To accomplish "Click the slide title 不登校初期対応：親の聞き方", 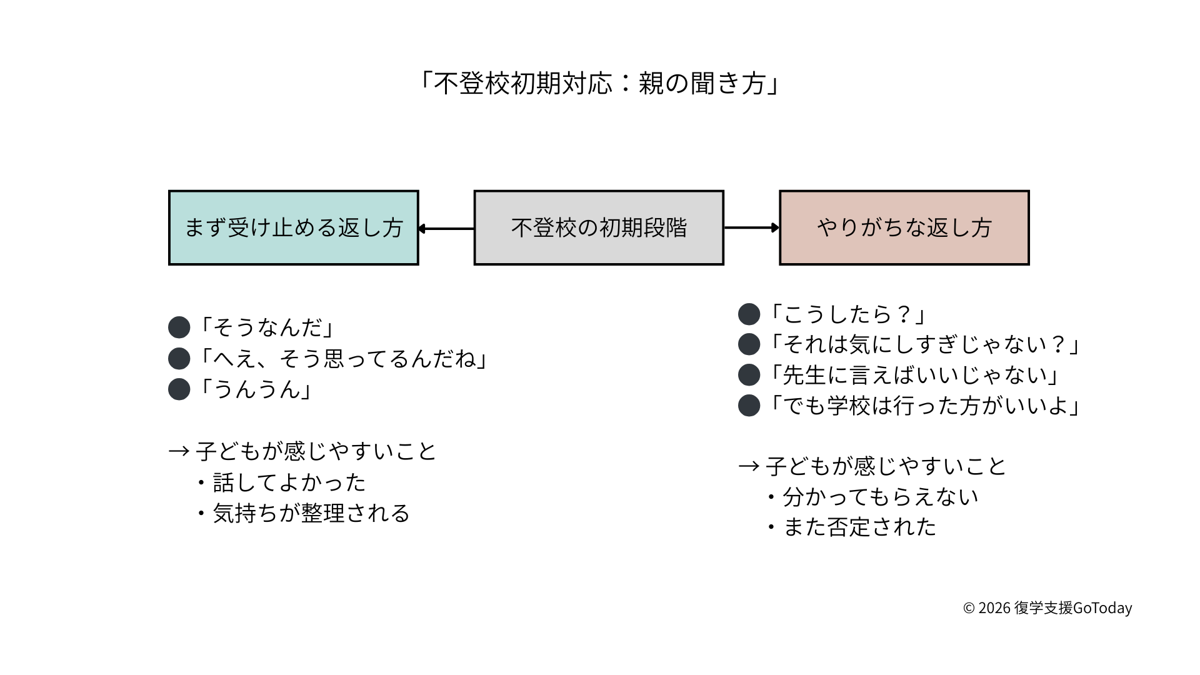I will click(599, 83).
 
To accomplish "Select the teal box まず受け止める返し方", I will click(293, 227).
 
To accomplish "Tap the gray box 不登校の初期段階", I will click(599, 227).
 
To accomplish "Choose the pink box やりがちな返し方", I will click(904, 227).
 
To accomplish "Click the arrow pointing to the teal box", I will click(446, 229).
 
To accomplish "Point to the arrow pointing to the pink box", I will click(751, 227).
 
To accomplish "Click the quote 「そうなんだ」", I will click(266, 327).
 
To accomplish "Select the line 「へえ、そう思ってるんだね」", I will click(342, 359).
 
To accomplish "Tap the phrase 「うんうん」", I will click(255, 389).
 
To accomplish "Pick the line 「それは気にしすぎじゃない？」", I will click(924, 344).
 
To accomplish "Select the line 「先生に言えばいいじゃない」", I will click(914, 375).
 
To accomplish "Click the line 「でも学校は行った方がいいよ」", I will click(924, 406).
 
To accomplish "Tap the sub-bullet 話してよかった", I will click(289, 482).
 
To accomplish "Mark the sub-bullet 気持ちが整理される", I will click(311, 513).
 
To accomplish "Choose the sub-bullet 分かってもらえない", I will click(880, 497).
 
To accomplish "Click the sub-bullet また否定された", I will click(859, 527).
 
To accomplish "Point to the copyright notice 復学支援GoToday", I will click(1047, 607).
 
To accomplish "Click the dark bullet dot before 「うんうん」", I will click(179, 389).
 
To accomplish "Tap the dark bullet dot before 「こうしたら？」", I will click(749, 314).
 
